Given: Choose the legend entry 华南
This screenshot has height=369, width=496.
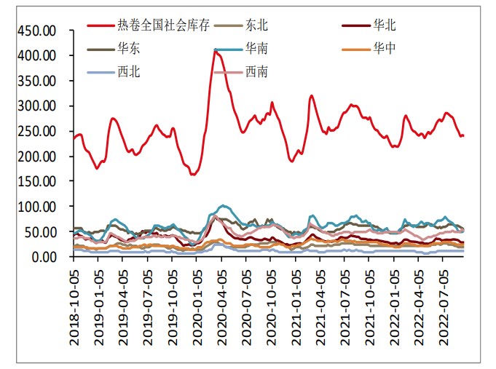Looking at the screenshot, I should pyautogui.click(x=256, y=49).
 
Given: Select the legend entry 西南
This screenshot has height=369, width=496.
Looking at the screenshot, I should pyautogui.click(x=256, y=71).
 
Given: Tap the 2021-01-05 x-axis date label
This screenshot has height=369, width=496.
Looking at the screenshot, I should pyautogui.click(x=296, y=301).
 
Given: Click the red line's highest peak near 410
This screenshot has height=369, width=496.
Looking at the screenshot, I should pyautogui.click(x=216, y=50).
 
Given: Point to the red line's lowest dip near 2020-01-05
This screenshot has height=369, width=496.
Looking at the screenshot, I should pyautogui.click(x=193, y=175).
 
